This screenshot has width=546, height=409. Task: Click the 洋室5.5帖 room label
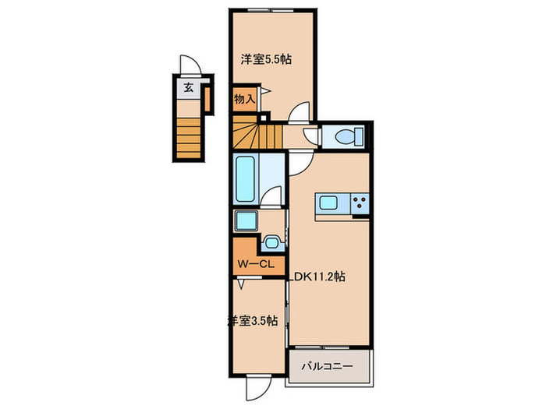pos(261,59)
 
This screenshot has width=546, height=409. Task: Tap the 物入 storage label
pos(244,99)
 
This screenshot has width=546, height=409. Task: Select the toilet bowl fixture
pos(346,136)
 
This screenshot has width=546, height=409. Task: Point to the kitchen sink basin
pos(328,204)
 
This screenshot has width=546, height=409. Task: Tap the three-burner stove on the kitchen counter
pos(360,204)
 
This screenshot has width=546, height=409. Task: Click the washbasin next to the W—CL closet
pos(271,242)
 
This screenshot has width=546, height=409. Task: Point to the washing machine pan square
pos(246,221)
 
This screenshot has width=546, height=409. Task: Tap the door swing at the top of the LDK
pos(301,162)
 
